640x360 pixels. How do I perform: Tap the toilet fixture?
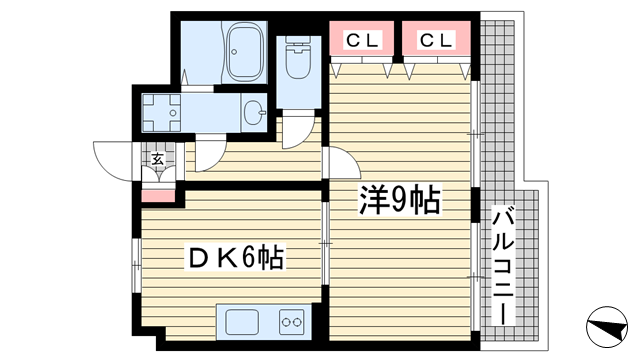[298, 57]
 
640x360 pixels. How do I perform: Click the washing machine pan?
[161, 113]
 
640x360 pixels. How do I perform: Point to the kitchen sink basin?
[242, 322]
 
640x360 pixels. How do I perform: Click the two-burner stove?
[292, 322]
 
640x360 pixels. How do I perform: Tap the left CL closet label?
[362, 40]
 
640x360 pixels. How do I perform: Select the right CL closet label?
[436, 40]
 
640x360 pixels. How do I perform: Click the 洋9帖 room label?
[400, 200]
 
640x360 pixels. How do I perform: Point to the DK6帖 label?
[236, 257]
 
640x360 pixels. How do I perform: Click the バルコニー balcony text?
[503, 266]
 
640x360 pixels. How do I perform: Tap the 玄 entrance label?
[158, 159]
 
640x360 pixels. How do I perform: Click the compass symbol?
[607, 327]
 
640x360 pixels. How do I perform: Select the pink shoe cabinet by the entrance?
[158, 196]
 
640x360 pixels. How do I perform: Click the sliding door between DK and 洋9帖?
[325, 243]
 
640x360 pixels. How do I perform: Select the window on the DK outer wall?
[136, 265]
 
